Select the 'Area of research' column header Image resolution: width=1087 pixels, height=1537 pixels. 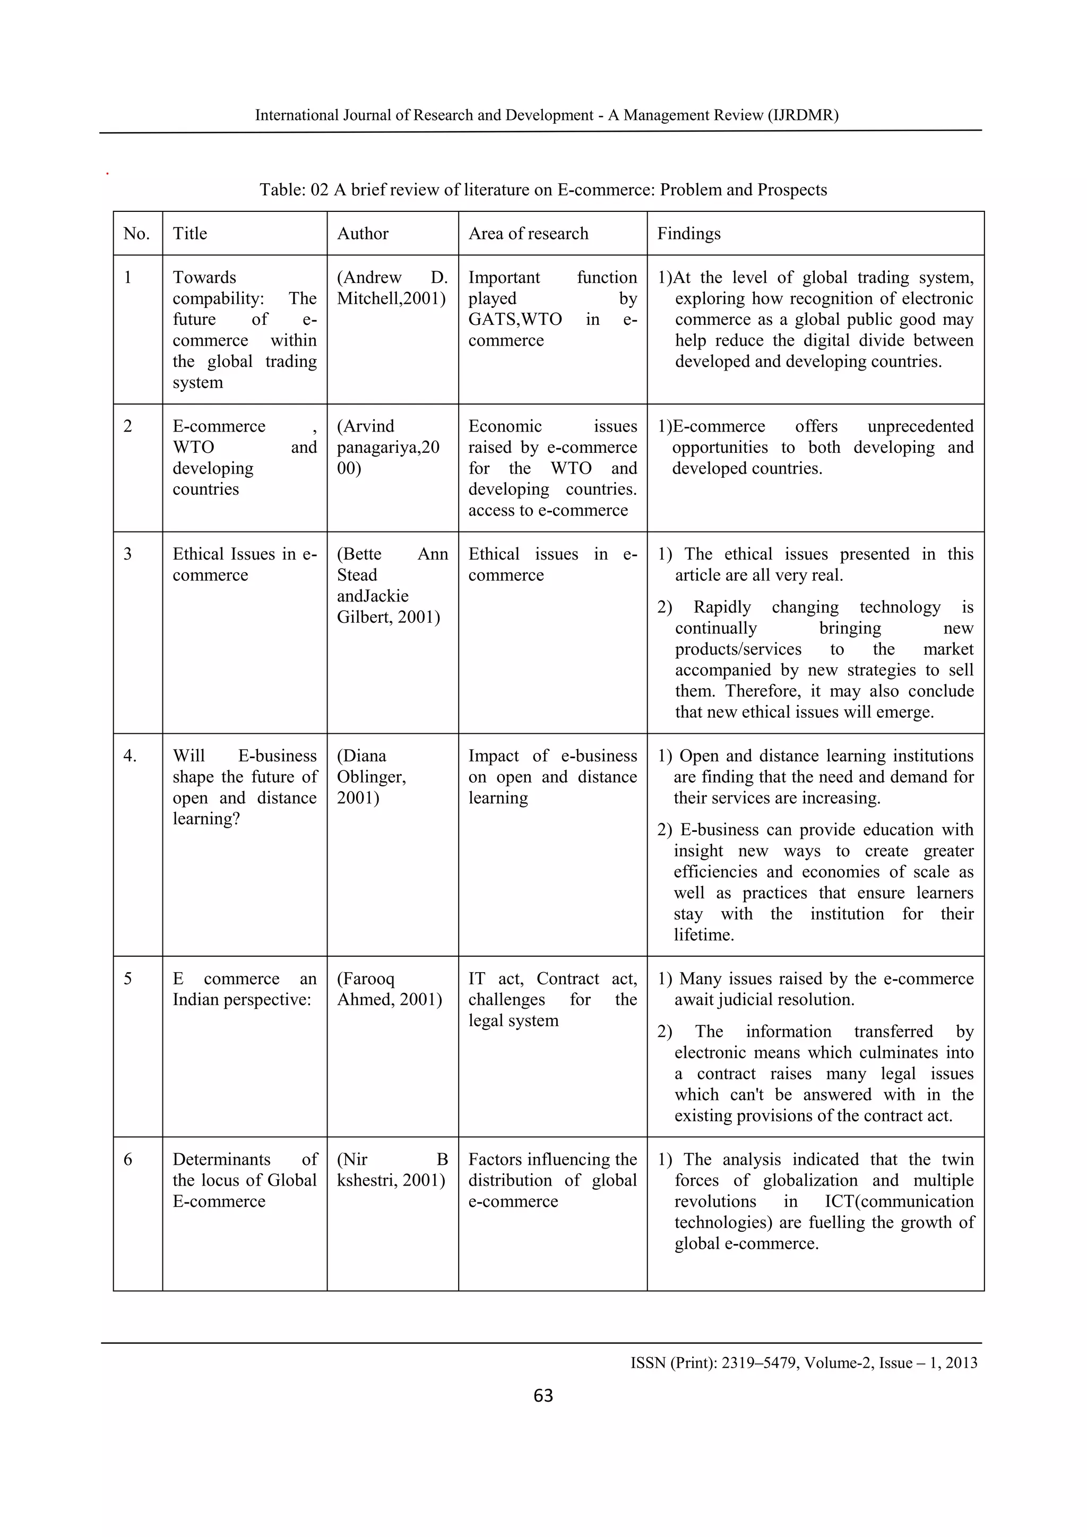coord(528,234)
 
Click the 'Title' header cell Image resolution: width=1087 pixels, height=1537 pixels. coord(190,234)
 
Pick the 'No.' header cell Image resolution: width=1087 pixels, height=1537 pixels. coord(136,234)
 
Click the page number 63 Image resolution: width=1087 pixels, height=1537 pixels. coord(543,1395)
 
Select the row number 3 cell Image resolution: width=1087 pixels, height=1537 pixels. coord(128,554)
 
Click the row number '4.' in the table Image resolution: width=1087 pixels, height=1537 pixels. coord(130,756)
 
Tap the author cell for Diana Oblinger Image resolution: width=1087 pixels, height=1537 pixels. coord(372,777)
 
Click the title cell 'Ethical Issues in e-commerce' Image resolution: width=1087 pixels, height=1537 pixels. coord(244,564)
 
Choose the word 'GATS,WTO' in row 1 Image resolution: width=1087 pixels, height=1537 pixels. coord(515,319)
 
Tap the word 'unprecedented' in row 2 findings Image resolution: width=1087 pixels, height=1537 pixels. coord(920,426)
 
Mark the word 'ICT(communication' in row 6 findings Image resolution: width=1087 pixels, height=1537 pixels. coord(899,1201)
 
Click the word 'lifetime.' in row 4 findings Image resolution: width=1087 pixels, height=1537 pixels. coord(703,934)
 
